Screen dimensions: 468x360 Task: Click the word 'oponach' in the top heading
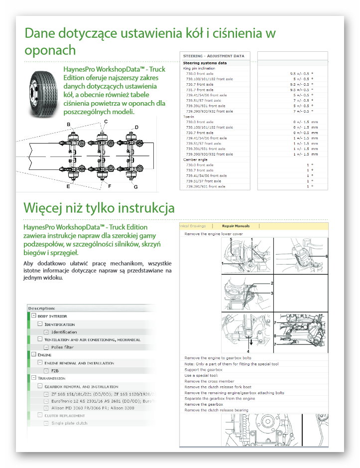pos(50,50)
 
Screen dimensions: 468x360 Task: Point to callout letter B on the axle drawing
pos(68,124)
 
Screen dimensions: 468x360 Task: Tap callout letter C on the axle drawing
pos(106,122)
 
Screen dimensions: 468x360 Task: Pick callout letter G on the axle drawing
pos(135,187)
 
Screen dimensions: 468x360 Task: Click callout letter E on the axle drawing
pos(68,187)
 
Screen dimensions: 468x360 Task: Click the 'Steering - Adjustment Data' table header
pos(214,56)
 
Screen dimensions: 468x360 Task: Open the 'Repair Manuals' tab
pos(236,226)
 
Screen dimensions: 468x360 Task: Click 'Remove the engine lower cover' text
pos(214,234)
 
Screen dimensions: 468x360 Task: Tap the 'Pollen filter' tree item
pos(63,347)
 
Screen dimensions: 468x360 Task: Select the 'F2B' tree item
pos(55,370)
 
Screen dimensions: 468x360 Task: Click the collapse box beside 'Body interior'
pos(33,316)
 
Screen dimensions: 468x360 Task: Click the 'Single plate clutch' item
pos(69,423)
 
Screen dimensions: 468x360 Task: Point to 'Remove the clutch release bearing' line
pos(216,410)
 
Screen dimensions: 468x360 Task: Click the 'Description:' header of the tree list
pos(41,308)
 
